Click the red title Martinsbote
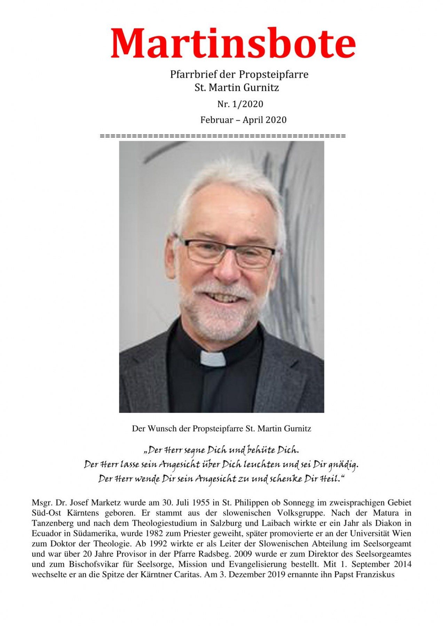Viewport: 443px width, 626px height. tap(233, 43)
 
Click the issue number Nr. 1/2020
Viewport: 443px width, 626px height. tap(240, 104)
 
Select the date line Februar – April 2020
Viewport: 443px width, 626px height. tap(243, 120)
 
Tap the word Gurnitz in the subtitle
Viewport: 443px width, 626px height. tap(261, 88)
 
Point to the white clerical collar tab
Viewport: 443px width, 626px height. tap(213, 359)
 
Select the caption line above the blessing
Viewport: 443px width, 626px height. tap(221, 428)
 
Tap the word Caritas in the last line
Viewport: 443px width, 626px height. tap(187, 574)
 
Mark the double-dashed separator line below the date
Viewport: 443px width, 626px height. tap(223, 136)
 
